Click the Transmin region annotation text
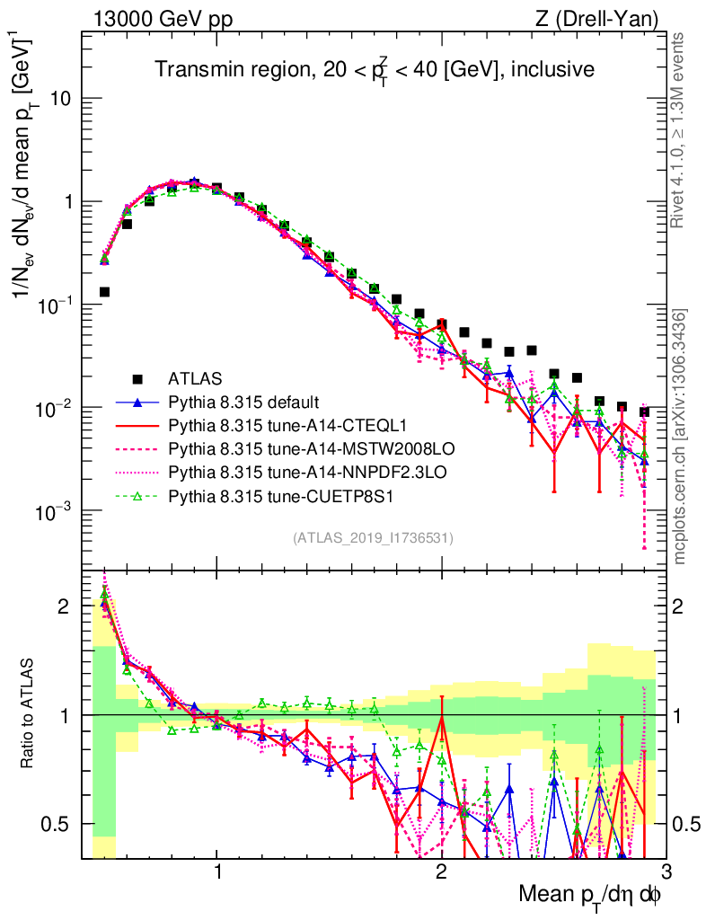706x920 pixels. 373,69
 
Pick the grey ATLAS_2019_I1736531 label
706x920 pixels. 373,538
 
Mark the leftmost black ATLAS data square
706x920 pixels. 104,292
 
